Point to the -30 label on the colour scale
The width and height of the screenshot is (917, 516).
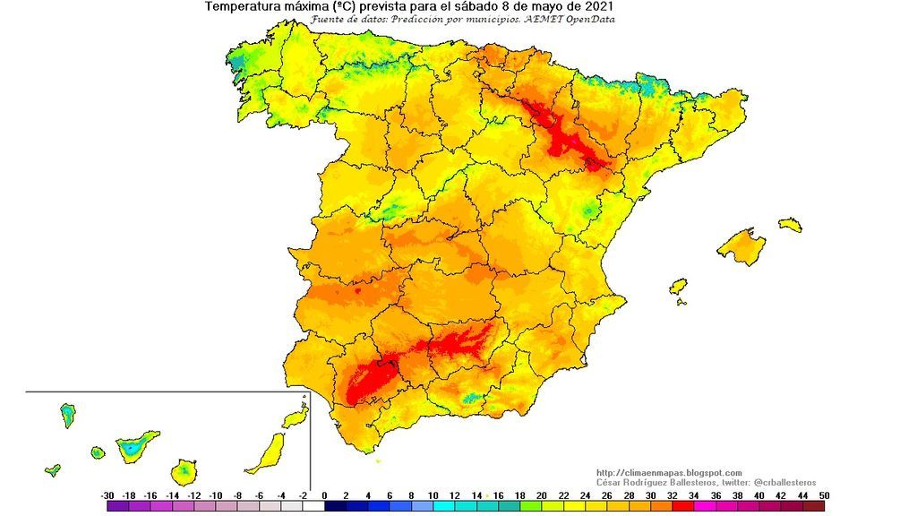pos(107,495)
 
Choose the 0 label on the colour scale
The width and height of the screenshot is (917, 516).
pos(324,495)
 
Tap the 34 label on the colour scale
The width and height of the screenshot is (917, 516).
pos(693,495)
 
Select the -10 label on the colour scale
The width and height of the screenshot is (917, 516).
pos(216,495)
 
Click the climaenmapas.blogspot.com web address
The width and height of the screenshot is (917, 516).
pos(668,473)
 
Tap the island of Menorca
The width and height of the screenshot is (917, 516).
pos(790,224)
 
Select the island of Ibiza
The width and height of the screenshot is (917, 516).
pos(678,287)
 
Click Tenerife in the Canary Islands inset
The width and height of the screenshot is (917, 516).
pos(136,444)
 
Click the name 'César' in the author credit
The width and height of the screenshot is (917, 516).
pos(611,483)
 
